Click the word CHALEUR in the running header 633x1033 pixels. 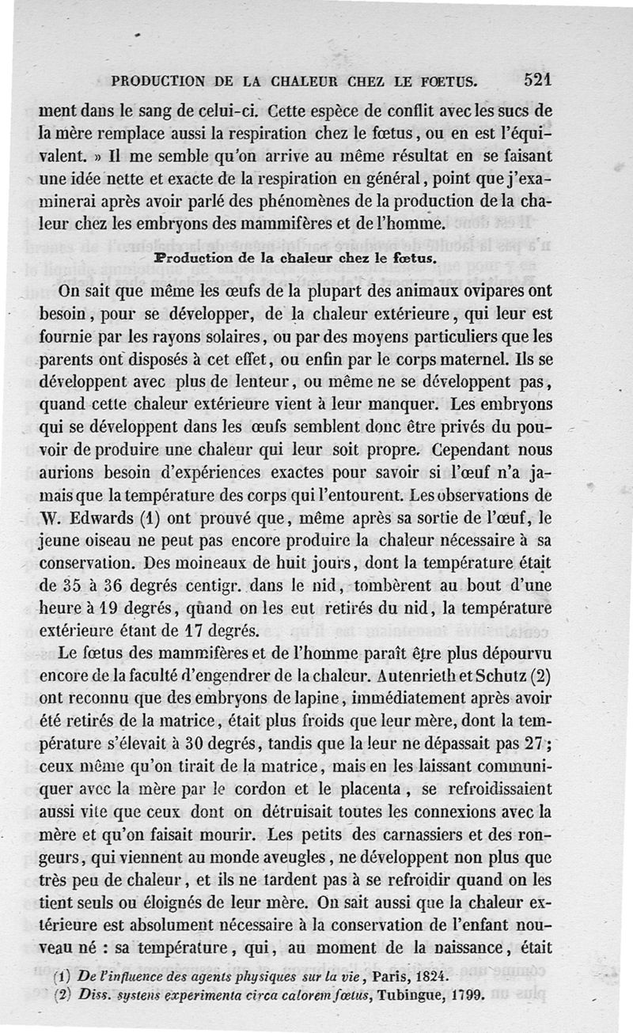coord(322,81)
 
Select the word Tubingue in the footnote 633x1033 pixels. coord(393,995)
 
